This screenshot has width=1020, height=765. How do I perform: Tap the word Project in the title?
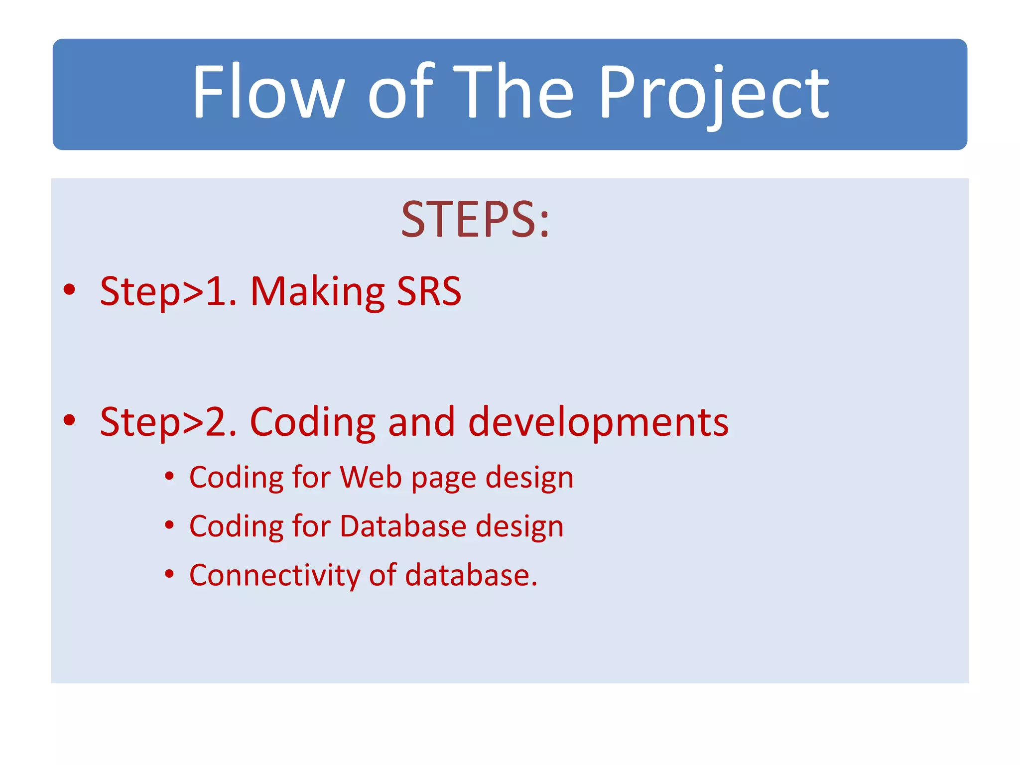tap(713, 95)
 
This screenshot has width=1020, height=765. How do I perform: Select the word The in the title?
tap(513, 92)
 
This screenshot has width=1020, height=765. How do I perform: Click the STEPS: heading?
tap(475, 220)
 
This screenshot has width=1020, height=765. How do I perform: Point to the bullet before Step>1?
tap(70, 290)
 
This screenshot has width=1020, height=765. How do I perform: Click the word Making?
tap(317, 292)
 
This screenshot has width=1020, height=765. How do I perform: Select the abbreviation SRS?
tap(429, 291)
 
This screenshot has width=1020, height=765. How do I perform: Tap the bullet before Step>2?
tap(70, 420)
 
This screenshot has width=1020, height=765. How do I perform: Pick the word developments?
tap(598, 422)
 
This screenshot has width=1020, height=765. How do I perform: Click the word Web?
tap(371, 477)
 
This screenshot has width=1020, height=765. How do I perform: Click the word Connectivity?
tap(274, 575)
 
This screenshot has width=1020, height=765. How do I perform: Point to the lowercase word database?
tap(471, 575)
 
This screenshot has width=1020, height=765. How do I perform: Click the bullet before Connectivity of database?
tap(169, 574)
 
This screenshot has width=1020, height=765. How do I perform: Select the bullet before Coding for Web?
tap(169, 477)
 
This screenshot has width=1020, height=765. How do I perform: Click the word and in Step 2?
tap(421, 422)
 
